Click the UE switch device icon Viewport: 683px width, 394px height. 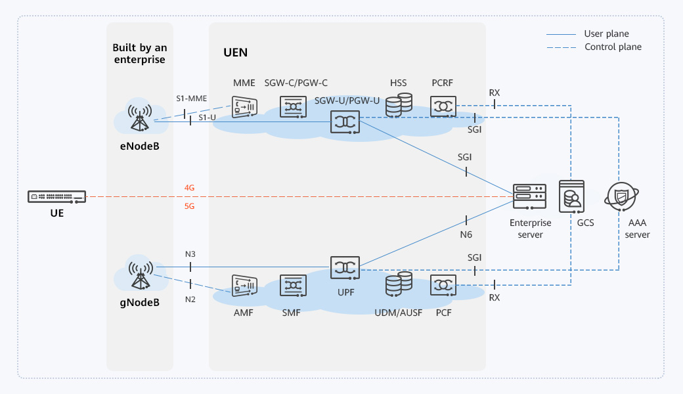pyautogui.click(x=57, y=196)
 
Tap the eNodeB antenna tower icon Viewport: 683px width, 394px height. pyautogui.click(x=139, y=118)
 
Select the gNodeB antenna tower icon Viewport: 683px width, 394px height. pyautogui.click(x=139, y=276)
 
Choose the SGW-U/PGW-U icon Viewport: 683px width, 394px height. pyautogui.click(x=345, y=121)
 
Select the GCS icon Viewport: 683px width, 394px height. pyautogui.click(x=572, y=196)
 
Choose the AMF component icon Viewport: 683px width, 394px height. pyautogui.click(x=244, y=286)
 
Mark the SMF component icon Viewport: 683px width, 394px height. pyautogui.click(x=293, y=286)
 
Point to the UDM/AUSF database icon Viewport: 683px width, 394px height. pyautogui.click(x=399, y=284)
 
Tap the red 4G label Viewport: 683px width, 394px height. pyautogui.click(x=190, y=188)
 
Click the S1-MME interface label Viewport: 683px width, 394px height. pyautogui.click(x=191, y=98)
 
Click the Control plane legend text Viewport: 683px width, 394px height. pyautogui.click(x=613, y=47)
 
